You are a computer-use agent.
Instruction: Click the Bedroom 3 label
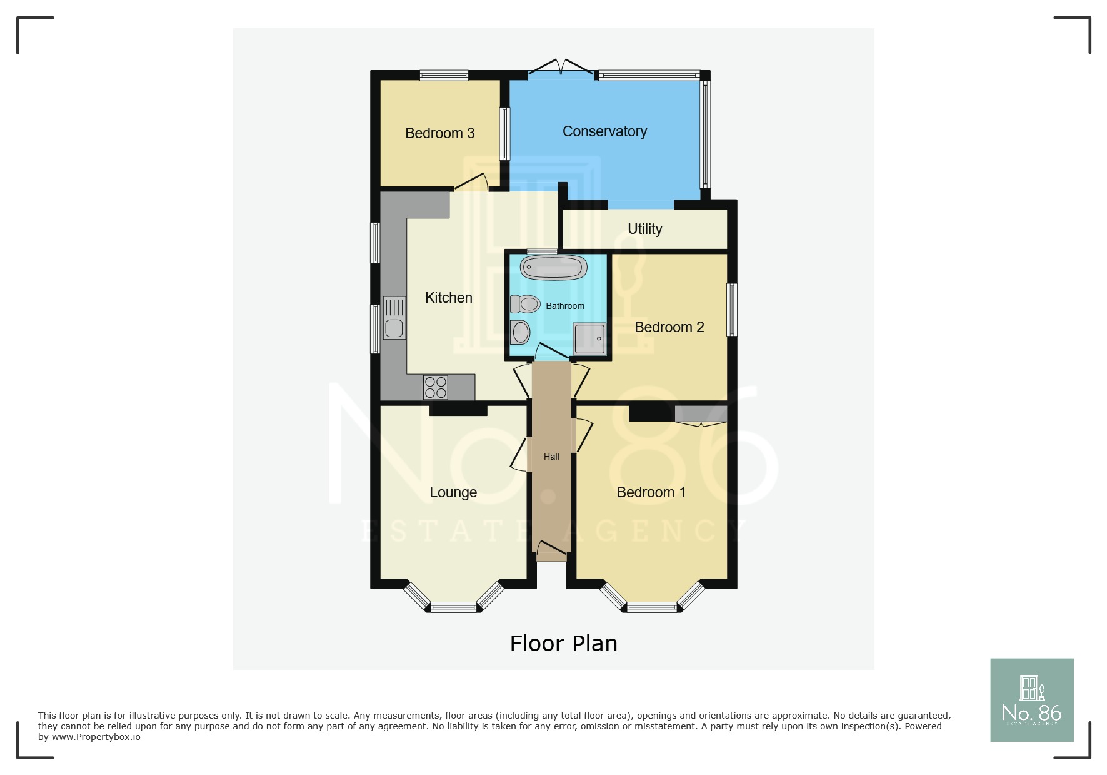tap(439, 133)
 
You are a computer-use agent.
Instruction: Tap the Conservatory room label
tap(604, 131)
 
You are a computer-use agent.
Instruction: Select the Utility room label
tap(644, 229)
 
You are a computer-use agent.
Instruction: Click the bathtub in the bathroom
tap(553, 268)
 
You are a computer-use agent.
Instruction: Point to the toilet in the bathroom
tap(525, 305)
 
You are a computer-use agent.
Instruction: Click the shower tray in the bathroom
tap(590, 338)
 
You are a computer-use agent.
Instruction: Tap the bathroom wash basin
tap(520, 333)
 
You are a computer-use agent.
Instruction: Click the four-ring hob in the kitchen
tap(435, 387)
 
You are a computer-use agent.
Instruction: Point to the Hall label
tap(551, 457)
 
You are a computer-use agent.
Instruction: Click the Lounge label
tap(453, 492)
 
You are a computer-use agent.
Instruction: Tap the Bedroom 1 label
tap(651, 492)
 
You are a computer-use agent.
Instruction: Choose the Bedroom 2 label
tap(669, 327)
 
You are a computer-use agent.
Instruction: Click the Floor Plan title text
tap(563, 644)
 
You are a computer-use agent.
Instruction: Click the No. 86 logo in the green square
tap(1031, 700)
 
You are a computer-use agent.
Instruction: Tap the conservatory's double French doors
tap(561, 68)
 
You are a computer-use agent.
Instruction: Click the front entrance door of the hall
tap(551, 549)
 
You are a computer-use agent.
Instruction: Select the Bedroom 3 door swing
tap(472, 182)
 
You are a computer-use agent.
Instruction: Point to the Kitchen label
tap(448, 298)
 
